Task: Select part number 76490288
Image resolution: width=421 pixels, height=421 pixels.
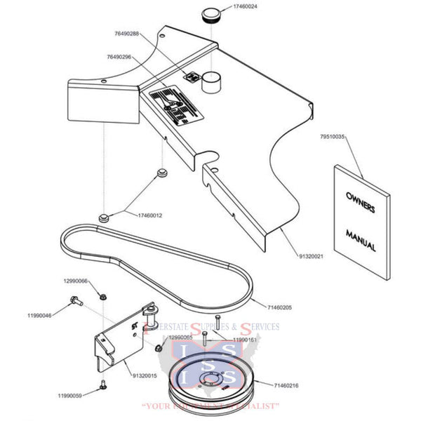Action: point(127,34)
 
